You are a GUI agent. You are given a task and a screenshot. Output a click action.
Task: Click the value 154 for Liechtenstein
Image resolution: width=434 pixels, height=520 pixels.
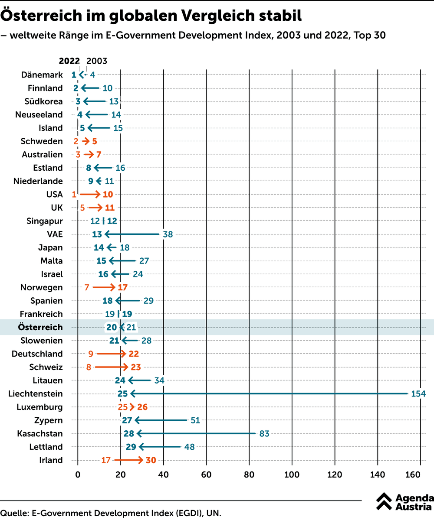pyautogui.click(x=418, y=394)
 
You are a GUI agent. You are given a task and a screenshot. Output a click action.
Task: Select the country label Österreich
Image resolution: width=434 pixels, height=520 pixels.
pyautogui.click(x=40, y=327)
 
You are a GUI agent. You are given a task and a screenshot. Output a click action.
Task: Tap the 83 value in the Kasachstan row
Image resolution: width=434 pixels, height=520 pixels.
pyautogui.click(x=264, y=434)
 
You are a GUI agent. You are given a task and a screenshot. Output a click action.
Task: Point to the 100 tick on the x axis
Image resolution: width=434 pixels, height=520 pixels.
pyautogui.click(x=292, y=474)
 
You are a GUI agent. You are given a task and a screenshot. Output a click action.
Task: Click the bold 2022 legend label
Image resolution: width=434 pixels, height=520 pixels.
pyautogui.click(x=69, y=62)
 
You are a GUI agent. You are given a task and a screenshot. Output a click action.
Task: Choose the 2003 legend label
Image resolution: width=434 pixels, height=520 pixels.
pyautogui.click(x=97, y=62)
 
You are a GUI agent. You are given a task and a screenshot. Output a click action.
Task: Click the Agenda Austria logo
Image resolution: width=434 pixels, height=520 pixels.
pyautogui.click(x=404, y=502)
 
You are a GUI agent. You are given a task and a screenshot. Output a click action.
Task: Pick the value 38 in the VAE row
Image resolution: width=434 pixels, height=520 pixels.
pyautogui.click(x=168, y=234)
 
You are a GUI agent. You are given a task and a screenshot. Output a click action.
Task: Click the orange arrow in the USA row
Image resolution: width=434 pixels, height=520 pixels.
pyautogui.click(x=90, y=195)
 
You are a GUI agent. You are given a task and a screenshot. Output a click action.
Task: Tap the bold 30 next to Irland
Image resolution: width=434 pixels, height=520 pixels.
pyautogui.click(x=151, y=460)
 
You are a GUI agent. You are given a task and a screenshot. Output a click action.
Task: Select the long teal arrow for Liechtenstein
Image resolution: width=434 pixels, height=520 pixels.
pyautogui.click(x=269, y=394)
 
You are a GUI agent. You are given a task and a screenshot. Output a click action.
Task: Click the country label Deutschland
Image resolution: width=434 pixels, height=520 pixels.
pyautogui.click(x=37, y=354)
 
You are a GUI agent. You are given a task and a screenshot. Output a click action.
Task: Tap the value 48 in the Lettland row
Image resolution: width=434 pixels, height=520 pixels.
pyautogui.click(x=189, y=447)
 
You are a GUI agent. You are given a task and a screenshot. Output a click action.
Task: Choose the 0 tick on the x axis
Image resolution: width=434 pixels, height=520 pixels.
pyautogui.click(x=78, y=474)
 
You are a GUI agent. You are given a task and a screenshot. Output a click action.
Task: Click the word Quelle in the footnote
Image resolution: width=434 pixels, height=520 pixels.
pyautogui.click(x=13, y=513)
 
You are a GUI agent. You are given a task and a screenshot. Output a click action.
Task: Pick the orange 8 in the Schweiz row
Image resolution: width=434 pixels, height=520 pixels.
pyautogui.click(x=89, y=367)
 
